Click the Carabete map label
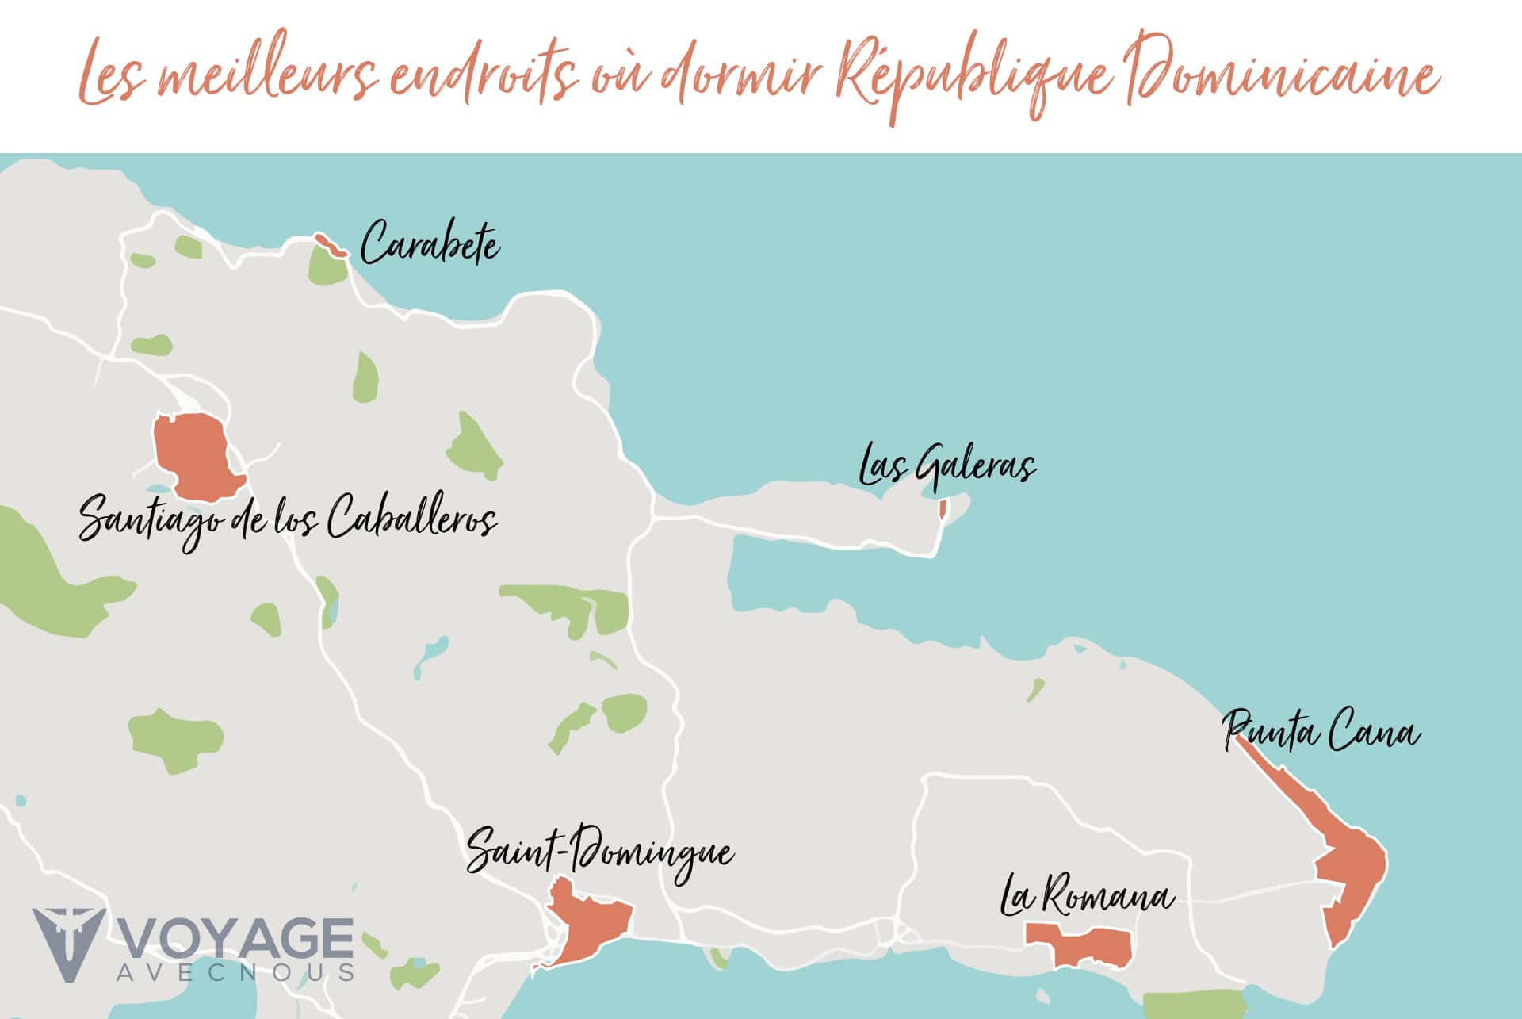430,243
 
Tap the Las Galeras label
948,465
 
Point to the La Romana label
1087,896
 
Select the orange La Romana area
1083,944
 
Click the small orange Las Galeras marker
943,508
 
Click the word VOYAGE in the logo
237,939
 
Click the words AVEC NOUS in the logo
235,973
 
